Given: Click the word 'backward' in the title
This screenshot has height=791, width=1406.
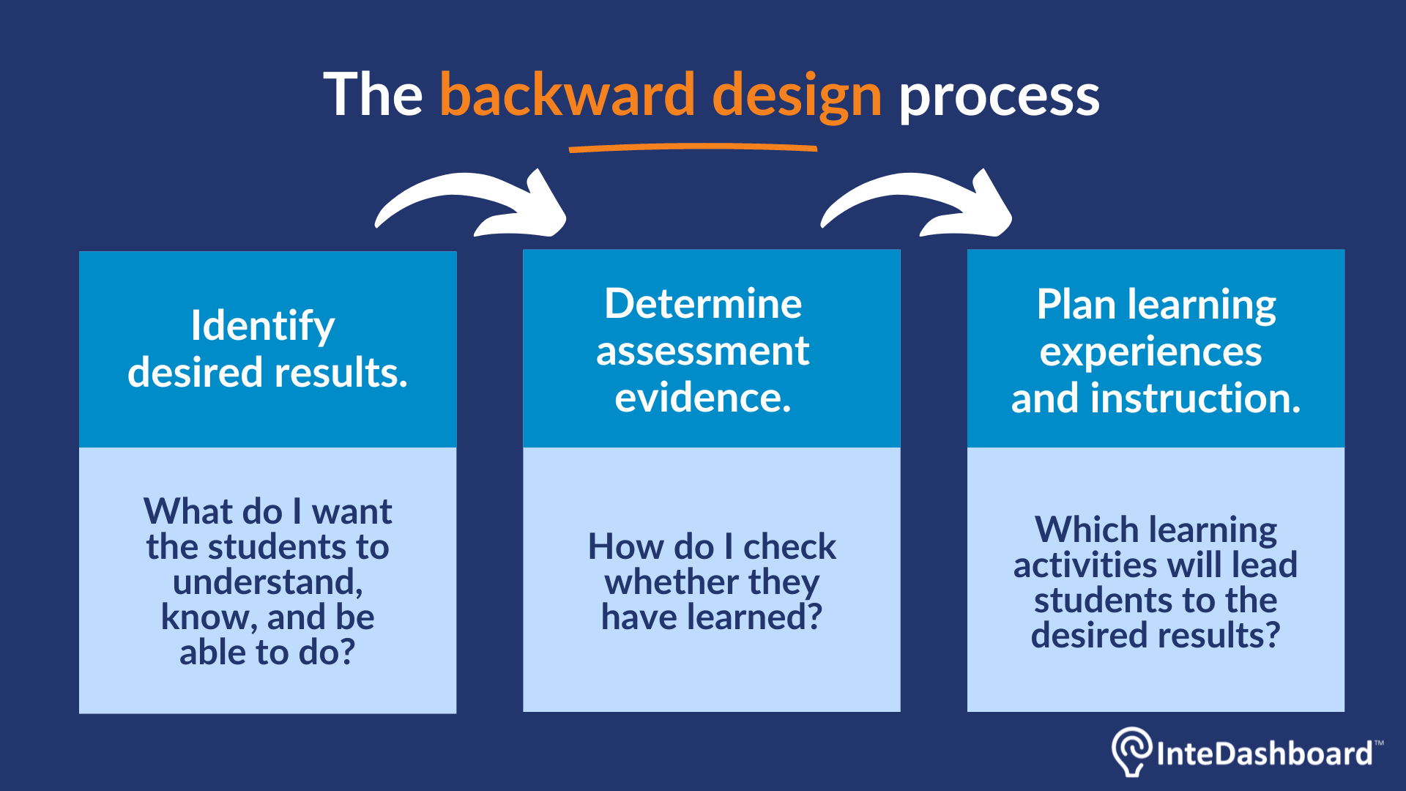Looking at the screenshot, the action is (567, 94).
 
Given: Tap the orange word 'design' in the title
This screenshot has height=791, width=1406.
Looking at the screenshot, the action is (797, 97).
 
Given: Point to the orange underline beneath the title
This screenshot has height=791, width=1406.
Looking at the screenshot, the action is (693, 148).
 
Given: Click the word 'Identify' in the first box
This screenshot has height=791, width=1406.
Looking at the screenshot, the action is (263, 327).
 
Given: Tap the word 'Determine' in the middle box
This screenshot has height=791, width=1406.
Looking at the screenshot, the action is (703, 303).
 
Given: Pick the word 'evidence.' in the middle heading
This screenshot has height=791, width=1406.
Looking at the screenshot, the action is (703, 398).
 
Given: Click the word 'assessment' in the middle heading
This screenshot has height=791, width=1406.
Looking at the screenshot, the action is (703, 351).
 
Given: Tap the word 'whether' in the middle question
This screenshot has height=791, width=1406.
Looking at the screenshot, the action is (672, 582).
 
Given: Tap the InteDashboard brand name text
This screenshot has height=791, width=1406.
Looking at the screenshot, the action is (1265, 754).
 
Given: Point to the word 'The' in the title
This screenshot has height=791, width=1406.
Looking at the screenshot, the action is (373, 94).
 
